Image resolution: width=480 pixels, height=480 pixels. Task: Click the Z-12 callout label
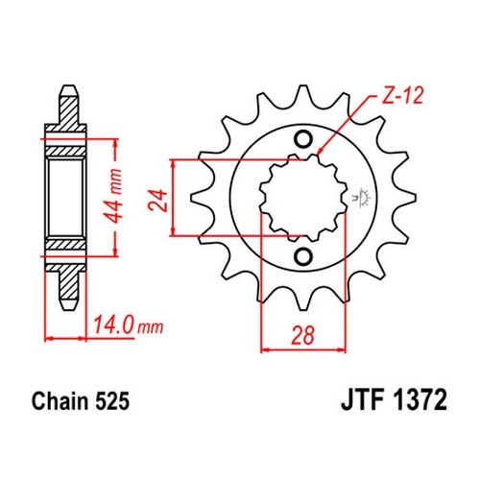click(x=403, y=95)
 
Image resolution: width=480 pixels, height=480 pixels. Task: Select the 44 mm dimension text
click(x=114, y=196)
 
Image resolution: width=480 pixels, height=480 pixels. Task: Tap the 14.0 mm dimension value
click(x=128, y=325)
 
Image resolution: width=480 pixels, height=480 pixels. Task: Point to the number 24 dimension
click(x=158, y=201)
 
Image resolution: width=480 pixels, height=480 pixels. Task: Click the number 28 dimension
click(x=302, y=335)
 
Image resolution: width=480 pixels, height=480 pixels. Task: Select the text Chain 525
click(x=81, y=401)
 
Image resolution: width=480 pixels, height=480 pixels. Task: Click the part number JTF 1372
click(x=394, y=400)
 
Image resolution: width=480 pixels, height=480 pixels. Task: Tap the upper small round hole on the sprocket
click(x=303, y=139)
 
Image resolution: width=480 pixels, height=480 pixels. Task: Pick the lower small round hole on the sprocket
click(x=303, y=256)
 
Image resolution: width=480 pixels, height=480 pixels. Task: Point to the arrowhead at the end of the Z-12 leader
click(x=321, y=151)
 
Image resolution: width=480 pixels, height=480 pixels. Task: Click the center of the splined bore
click(x=303, y=198)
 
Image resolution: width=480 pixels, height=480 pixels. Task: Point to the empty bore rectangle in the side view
click(x=65, y=198)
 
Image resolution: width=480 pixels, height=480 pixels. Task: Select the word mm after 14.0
click(x=150, y=327)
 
